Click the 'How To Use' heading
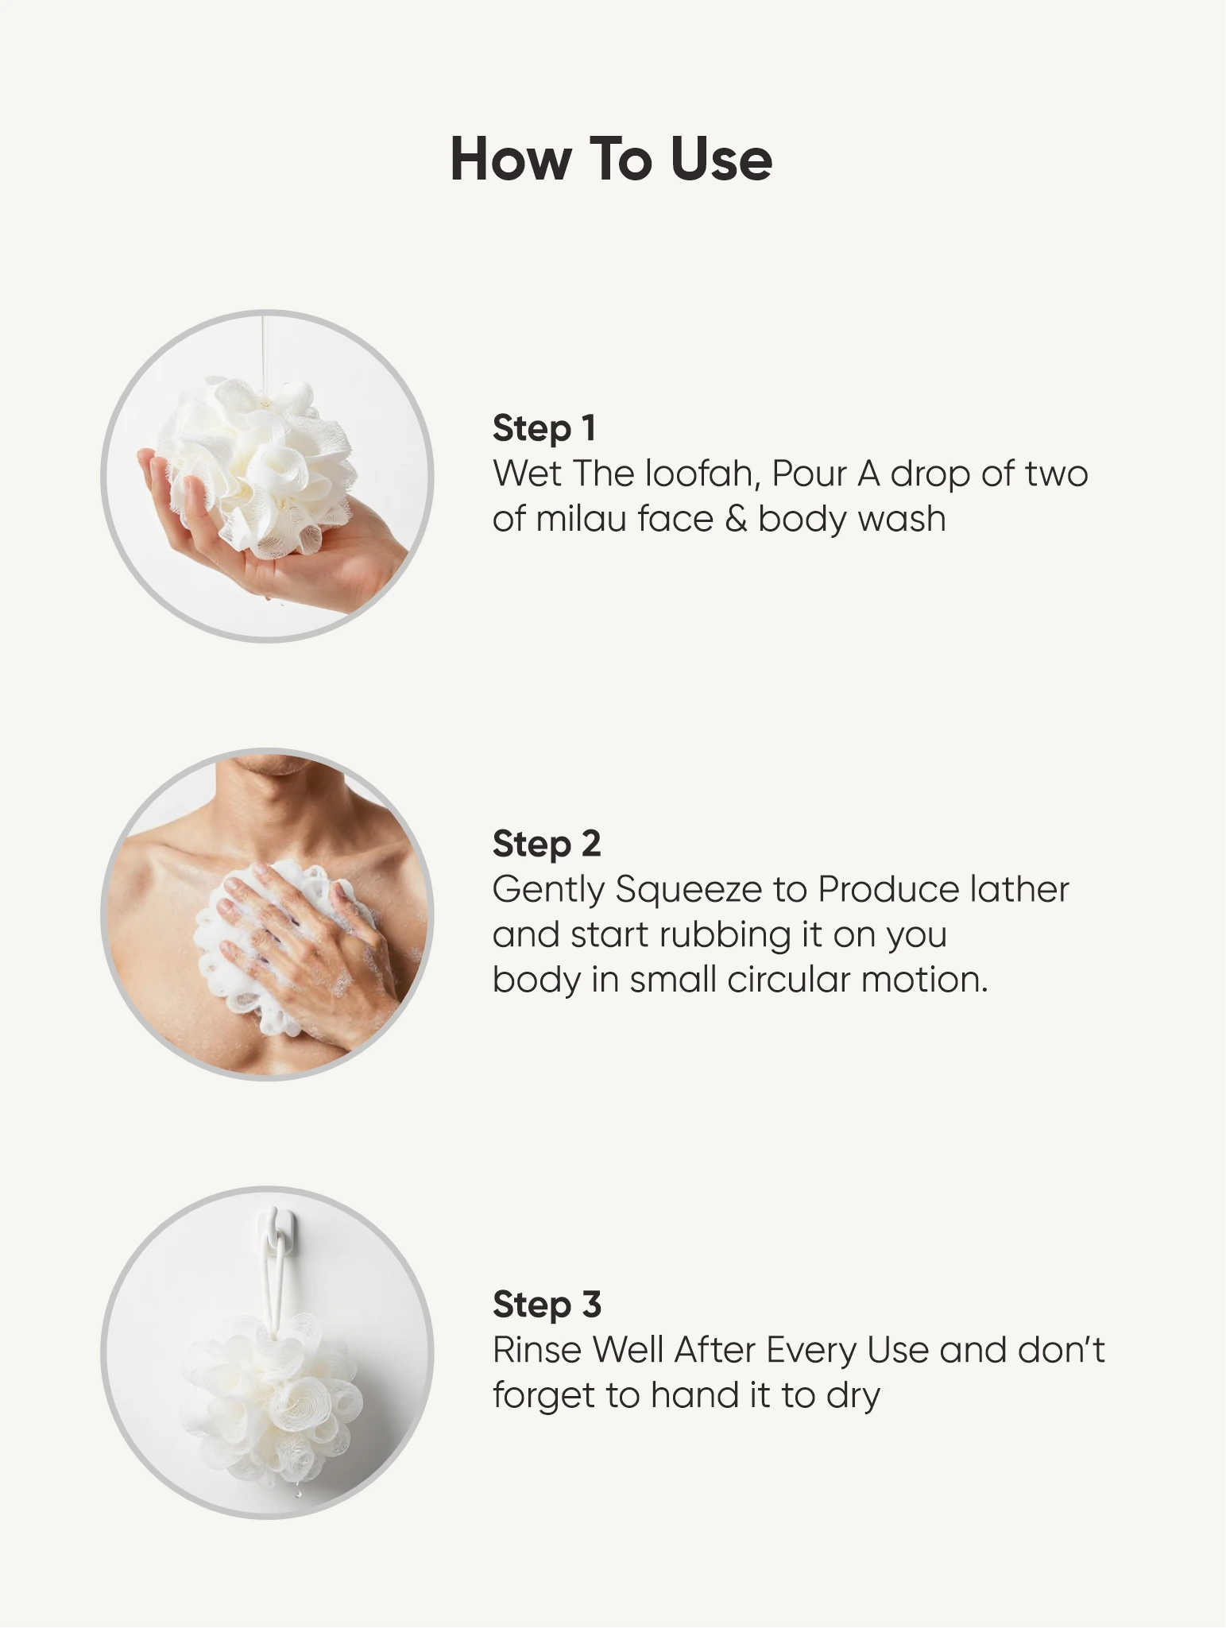click(x=611, y=159)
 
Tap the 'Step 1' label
click(x=544, y=428)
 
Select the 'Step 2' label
click(x=547, y=844)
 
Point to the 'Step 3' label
click(x=547, y=1304)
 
